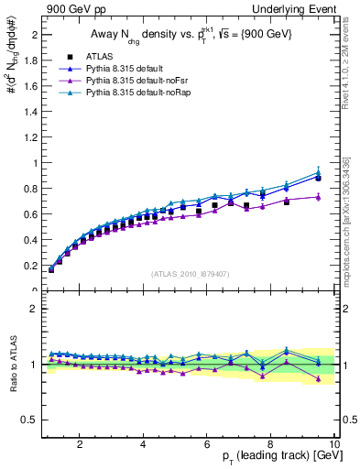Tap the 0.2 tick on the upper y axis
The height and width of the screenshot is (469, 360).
[30, 266]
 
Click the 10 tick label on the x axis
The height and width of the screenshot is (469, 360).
[334, 443]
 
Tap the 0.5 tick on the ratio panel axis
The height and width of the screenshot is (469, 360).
[30, 420]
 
